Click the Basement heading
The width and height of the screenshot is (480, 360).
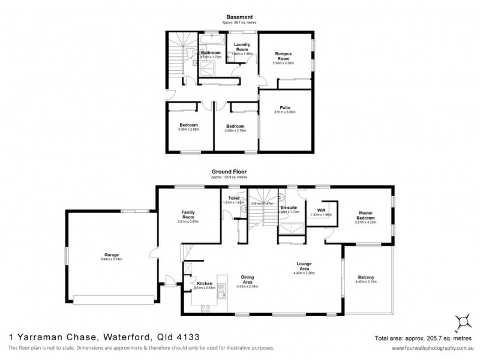(239, 17)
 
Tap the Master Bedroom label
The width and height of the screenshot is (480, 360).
(366, 215)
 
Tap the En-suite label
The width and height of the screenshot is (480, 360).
(289, 207)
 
